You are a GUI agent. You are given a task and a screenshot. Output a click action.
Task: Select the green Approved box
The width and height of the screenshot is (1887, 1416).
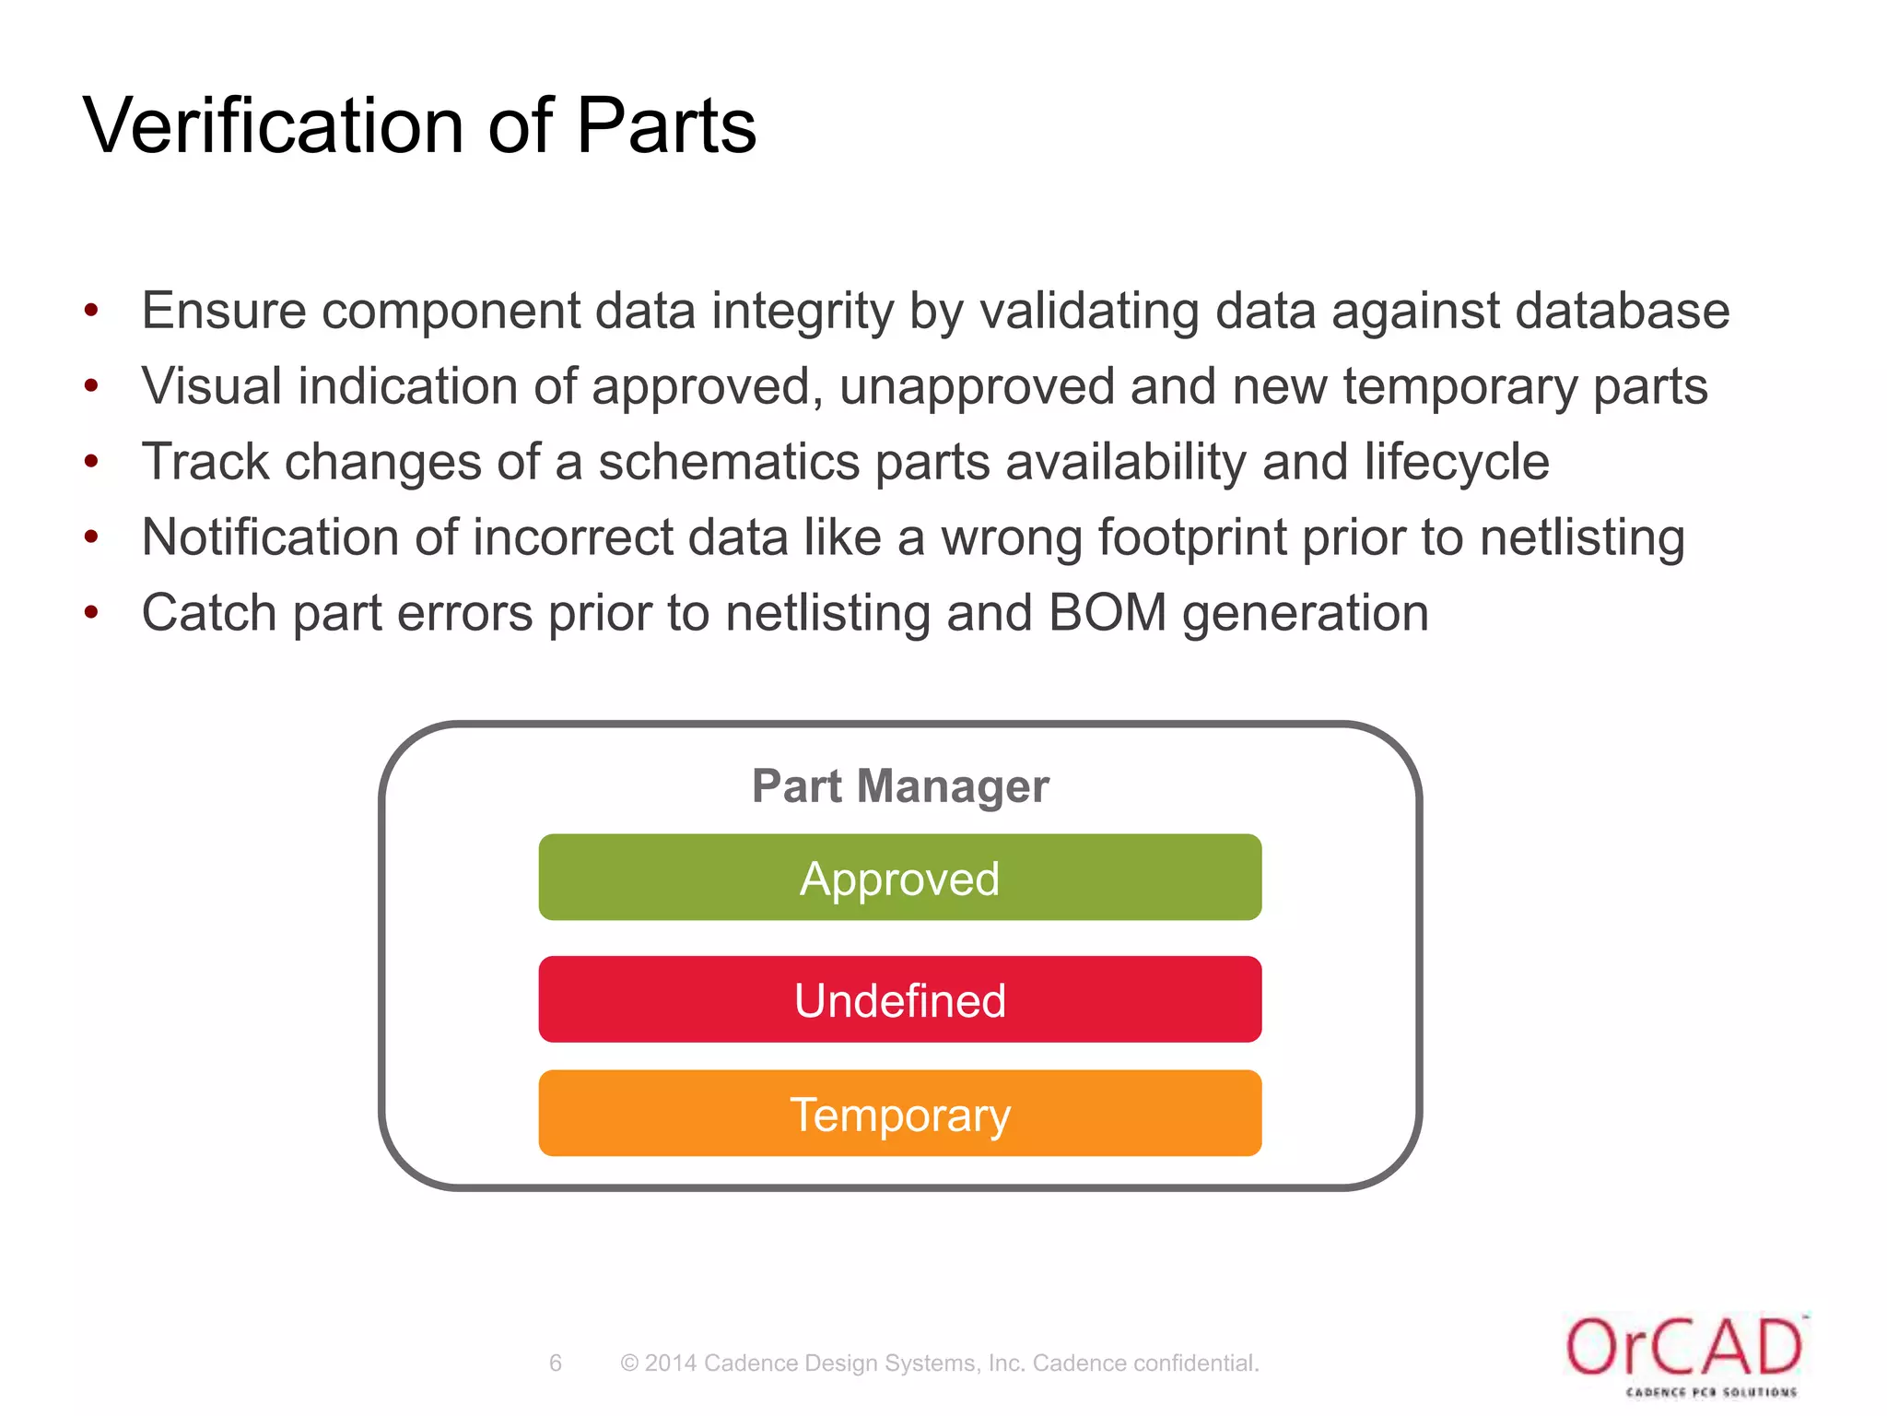899,878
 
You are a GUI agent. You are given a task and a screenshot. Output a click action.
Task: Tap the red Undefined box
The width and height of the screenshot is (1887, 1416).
899,999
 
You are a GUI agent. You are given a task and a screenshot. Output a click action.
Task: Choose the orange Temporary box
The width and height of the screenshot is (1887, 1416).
899,1114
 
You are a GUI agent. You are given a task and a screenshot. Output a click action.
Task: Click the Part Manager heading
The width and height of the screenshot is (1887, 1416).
899,786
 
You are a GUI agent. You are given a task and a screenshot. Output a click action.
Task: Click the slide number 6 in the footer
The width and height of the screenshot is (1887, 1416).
555,1363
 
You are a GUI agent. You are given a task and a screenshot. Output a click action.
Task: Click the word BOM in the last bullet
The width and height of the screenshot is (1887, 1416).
1107,613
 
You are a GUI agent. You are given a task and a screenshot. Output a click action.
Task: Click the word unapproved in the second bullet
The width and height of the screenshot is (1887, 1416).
976,386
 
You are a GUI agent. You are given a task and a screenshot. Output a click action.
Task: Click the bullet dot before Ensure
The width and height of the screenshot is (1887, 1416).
90,311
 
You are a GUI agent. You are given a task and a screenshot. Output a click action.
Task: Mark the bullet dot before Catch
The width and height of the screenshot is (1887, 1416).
90,613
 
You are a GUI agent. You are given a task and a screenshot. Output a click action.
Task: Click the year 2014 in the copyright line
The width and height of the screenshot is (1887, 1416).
670,1363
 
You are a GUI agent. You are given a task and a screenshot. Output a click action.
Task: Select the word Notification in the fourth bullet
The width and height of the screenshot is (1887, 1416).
270,537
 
